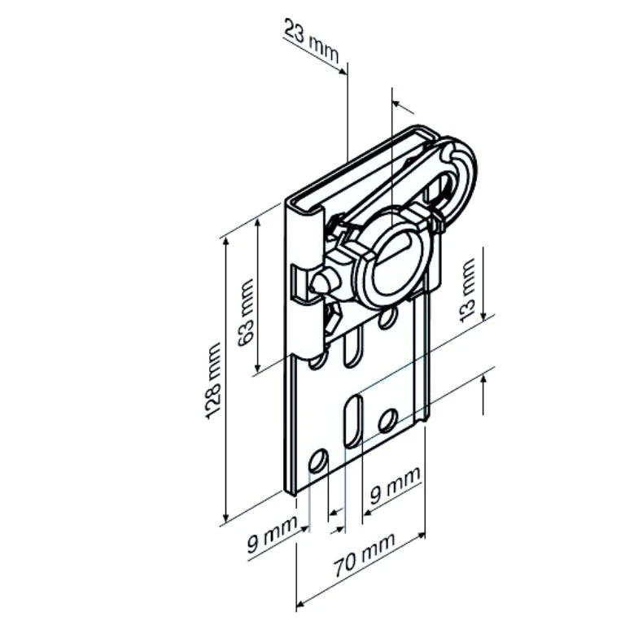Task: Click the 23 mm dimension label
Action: point(311,41)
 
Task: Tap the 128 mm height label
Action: point(213,380)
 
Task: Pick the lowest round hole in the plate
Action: point(318,461)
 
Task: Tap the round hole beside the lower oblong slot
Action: point(388,419)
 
